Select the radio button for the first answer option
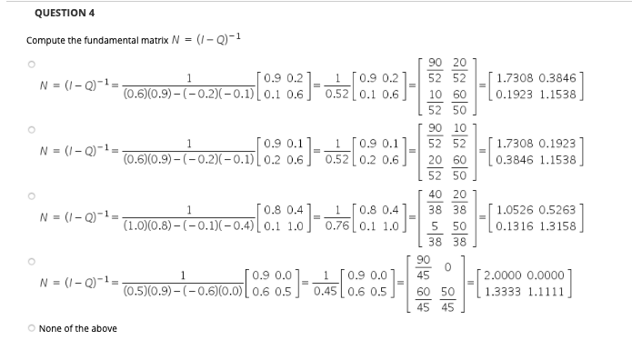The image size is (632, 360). click(x=31, y=65)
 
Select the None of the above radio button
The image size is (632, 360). click(x=31, y=328)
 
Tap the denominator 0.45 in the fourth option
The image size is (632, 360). click(x=325, y=293)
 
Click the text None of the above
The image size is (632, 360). click(x=77, y=328)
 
